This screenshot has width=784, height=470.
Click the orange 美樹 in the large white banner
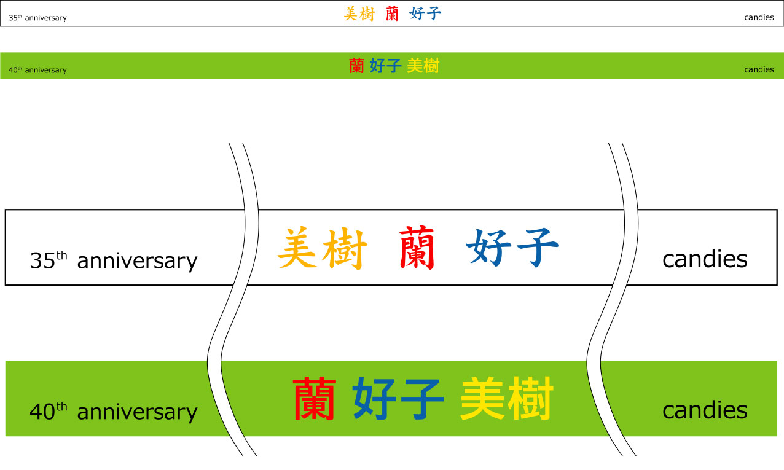point(323,248)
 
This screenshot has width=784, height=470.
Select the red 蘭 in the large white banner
point(417,248)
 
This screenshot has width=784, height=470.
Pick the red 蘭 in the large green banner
point(315,399)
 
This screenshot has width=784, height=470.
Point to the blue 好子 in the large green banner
point(398,399)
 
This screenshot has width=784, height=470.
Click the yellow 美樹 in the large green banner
point(507,399)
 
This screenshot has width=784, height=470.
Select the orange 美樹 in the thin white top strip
point(359,14)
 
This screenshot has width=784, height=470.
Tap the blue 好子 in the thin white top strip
point(425,14)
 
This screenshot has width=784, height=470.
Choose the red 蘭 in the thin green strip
point(356,66)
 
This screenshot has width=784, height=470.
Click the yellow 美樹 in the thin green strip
point(423,66)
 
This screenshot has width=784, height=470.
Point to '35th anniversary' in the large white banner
point(114,260)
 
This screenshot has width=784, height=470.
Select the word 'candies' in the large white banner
point(705,259)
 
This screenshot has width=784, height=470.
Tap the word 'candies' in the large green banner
point(705,410)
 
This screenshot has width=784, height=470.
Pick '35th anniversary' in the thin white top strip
point(37,18)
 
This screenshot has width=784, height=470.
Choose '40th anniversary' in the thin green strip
point(37,70)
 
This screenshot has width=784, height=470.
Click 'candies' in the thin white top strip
point(759,17)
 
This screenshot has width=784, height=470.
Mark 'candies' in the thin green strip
point(759,69)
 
